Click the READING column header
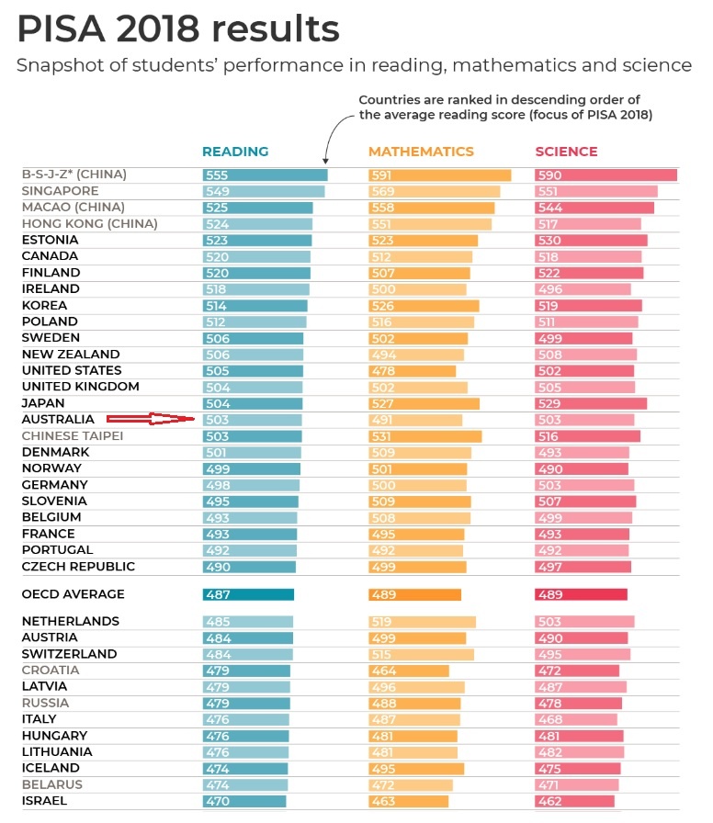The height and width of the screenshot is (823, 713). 235,152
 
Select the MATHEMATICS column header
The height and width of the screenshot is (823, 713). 421,152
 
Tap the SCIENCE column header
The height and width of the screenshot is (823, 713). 566,152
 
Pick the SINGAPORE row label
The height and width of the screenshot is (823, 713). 61,191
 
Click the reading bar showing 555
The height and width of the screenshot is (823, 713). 265,175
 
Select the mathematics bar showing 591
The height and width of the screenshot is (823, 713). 439,175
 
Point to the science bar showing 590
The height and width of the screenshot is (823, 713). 605,175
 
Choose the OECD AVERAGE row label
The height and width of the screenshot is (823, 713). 73,594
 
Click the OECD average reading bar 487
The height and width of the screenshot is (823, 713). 248,594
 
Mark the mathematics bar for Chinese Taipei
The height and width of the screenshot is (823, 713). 424,435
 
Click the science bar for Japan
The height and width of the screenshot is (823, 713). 591,402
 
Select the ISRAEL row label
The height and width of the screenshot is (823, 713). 44,801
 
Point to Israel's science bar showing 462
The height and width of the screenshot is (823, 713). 574,801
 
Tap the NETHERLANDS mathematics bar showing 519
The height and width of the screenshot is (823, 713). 422,622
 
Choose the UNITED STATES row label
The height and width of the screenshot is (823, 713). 71,370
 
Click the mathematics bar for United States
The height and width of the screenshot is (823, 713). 412,370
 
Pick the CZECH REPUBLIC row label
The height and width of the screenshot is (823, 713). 78,566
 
